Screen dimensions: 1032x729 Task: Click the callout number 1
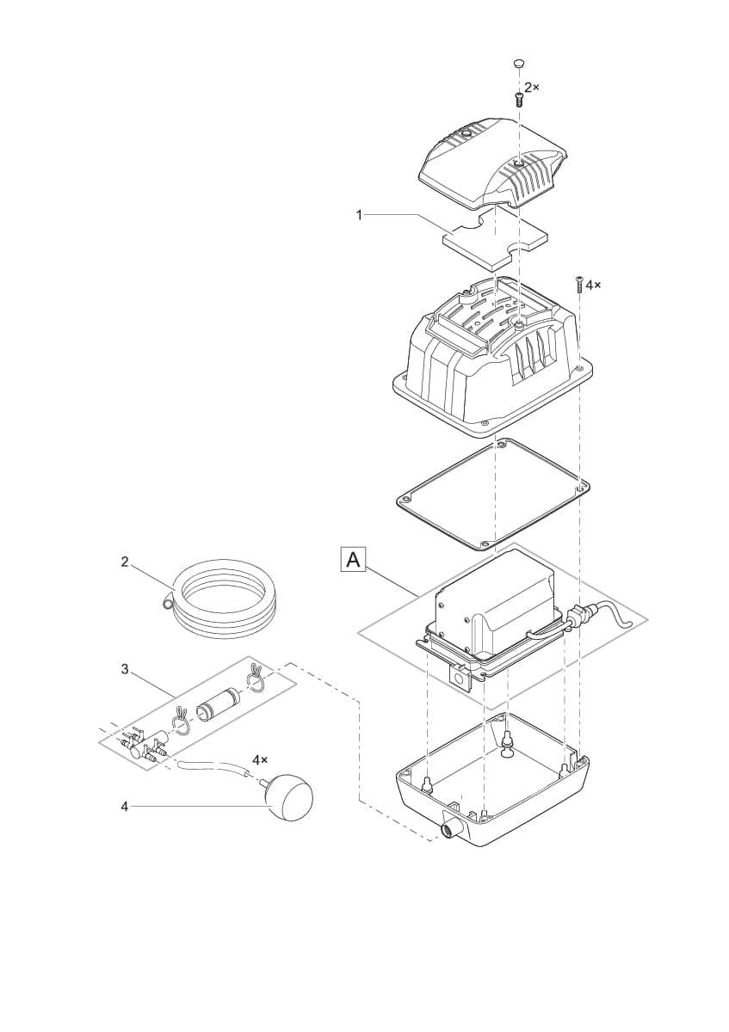point(360,215)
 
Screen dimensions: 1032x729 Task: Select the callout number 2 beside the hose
point(125,562)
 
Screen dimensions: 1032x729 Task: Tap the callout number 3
point(125,669)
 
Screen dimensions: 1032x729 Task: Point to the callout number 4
point(125,807)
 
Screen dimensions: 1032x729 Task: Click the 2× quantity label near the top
point(532,88)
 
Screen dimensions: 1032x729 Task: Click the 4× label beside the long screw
point(593,283)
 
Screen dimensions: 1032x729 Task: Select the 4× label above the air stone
point(260,760)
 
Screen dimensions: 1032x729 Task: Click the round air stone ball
point(287,795)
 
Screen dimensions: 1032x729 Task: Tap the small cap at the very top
point(518,64)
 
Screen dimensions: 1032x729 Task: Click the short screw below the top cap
point(518,98)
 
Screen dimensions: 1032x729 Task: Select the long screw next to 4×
point(579,285)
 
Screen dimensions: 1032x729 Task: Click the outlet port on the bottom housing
point(449,829)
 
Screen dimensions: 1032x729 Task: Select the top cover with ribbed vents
point(493,163)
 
